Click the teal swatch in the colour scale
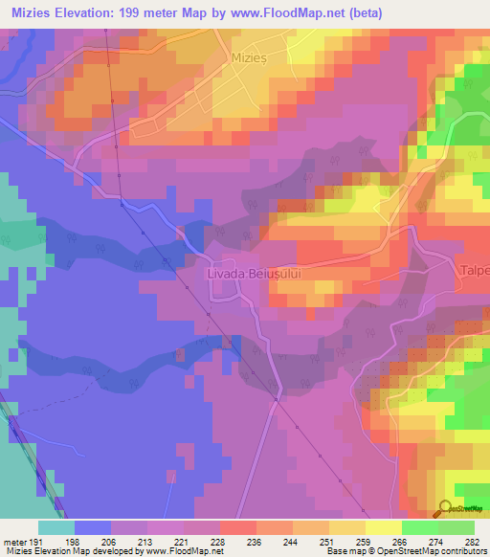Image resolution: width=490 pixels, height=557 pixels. pos(56,527)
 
